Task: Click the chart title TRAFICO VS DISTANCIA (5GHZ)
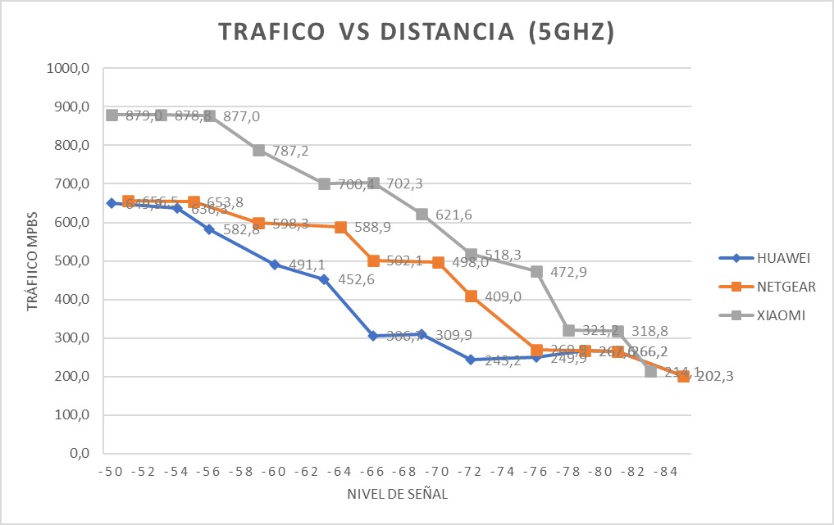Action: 417,34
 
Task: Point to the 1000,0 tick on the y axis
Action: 71,69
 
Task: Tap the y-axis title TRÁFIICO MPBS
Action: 33,261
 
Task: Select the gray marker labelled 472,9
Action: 536,271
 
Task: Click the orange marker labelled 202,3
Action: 683,376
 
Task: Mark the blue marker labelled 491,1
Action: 275,265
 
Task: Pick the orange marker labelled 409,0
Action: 471,296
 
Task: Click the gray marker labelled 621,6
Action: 422,214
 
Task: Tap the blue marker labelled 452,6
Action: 324,279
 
